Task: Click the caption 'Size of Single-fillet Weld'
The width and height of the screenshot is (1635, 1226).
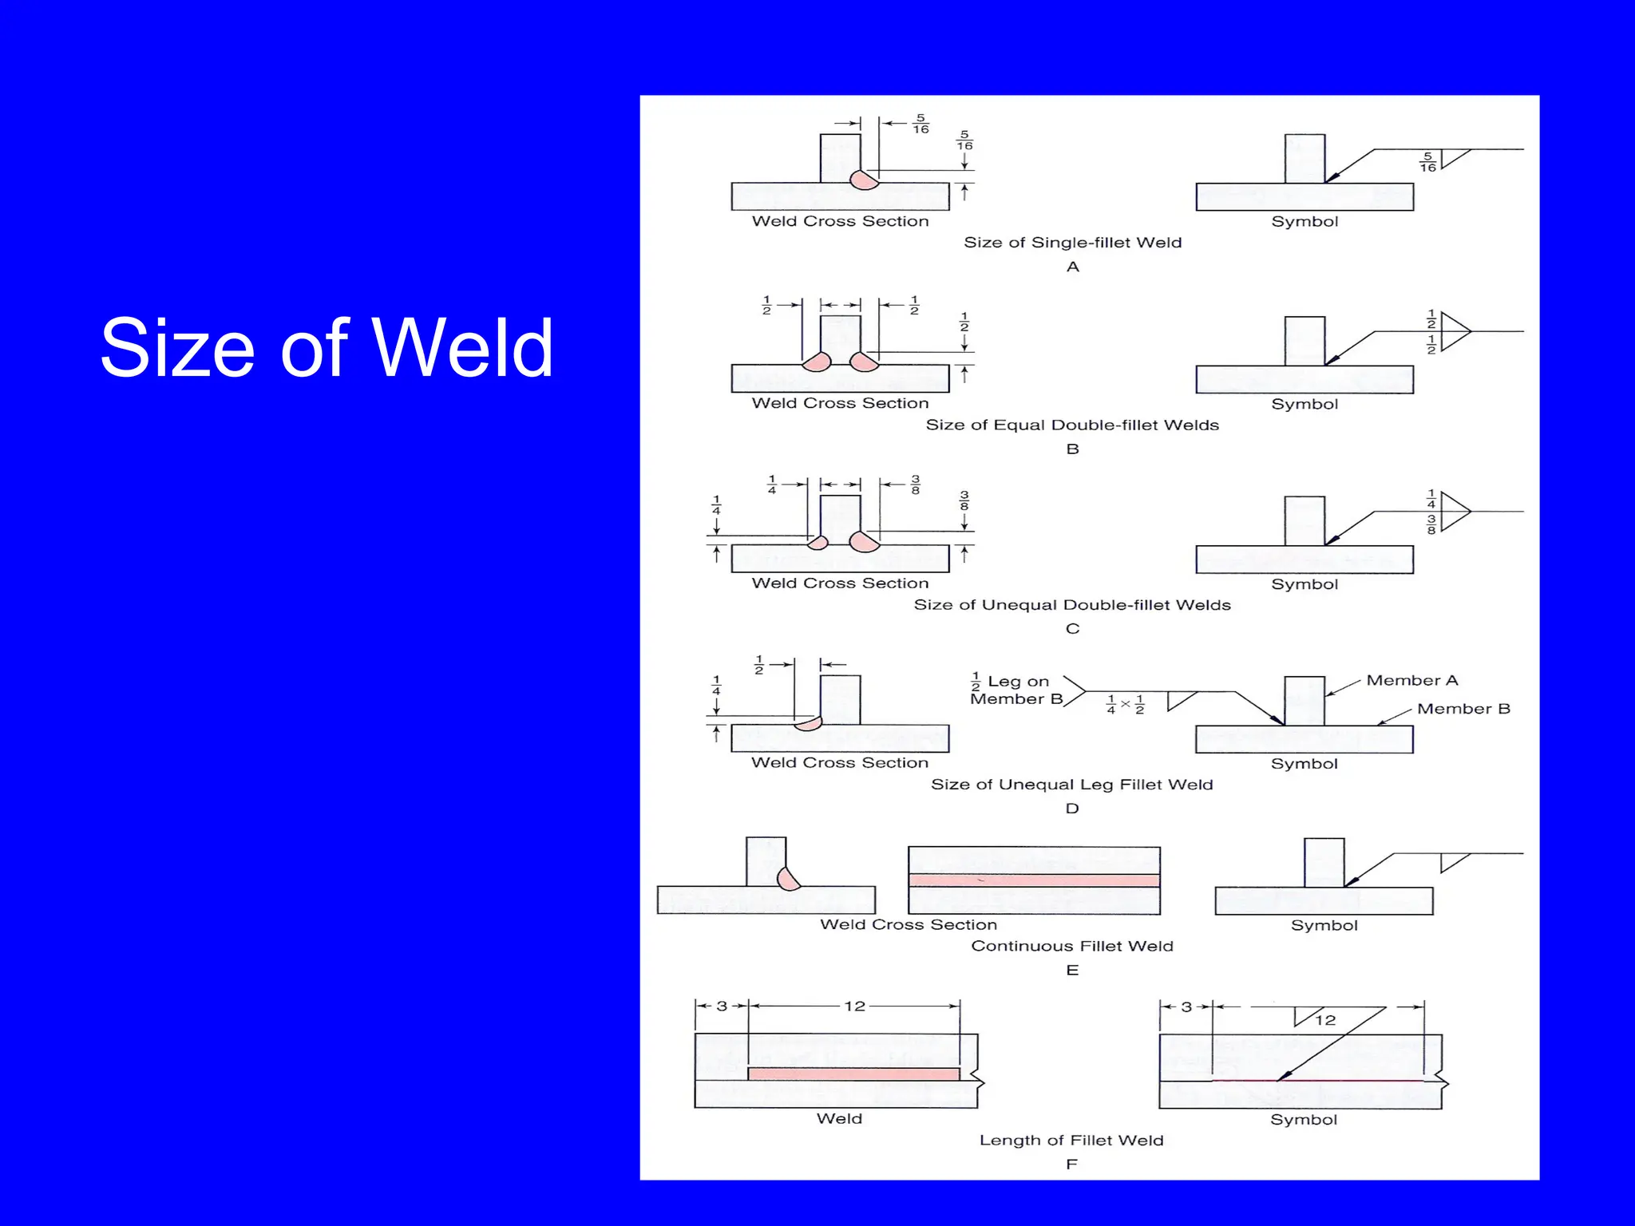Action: (x=1072, y=243)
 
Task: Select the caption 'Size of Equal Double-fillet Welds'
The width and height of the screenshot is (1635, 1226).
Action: (x=1072, y=425)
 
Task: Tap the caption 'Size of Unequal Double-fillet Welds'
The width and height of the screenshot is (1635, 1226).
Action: (x=1072, y=605)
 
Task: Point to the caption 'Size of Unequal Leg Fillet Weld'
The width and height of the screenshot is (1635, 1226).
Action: (x=1072, y=785)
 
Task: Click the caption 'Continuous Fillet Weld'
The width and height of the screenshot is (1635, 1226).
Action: (x=1072, y=947)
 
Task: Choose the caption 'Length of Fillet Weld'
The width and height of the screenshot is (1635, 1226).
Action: (x=1071, y=1141)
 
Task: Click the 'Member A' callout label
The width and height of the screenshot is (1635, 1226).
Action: (x=1411, y=681)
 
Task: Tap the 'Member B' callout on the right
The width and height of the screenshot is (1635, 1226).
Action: (x=1463, y=709)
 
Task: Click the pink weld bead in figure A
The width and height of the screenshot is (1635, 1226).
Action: (x=864, y=180)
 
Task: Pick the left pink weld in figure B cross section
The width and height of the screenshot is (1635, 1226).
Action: (x=817, y=362)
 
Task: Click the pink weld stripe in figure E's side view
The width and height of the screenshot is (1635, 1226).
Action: (x=1034, y=880)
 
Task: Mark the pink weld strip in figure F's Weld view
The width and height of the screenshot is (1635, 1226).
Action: (x=853, y=1074)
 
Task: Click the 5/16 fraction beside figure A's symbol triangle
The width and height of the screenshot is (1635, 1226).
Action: (x=1427, y=162)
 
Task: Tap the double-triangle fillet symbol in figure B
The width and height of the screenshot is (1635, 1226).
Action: (x=1455, y=330)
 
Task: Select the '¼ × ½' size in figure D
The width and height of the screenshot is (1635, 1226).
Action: (x=1125, y=704)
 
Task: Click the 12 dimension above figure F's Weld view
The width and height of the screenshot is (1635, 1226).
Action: (x=854, y=1007)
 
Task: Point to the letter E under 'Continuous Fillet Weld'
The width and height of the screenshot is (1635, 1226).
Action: (x=1072, y=971)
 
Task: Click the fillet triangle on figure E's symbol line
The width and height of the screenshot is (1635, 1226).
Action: (x=1453, y=862)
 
